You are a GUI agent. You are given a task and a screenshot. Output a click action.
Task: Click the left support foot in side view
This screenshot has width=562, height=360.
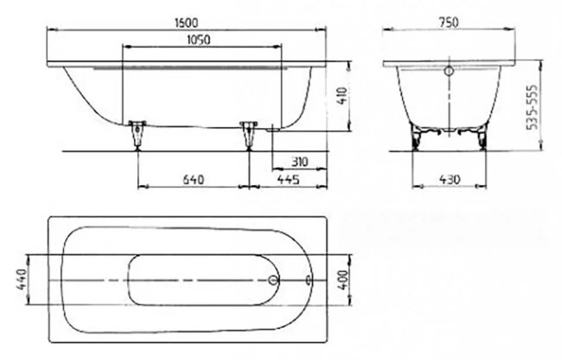point(137,135)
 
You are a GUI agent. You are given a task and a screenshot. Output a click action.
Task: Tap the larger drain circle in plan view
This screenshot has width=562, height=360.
point(275,281)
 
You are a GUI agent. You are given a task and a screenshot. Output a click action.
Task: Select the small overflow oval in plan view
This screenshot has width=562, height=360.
point(309,281)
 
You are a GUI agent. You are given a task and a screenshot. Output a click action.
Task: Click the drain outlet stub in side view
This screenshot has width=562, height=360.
point(271,127)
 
